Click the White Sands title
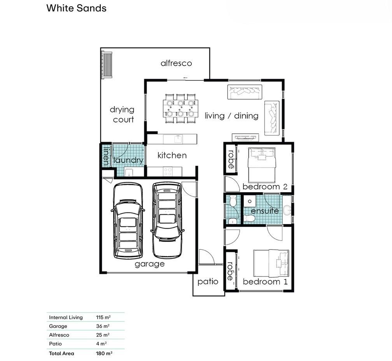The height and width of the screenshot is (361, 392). pos(76,8)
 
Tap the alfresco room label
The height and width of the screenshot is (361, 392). pos(176,63)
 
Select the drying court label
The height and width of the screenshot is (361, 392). pos(122,114)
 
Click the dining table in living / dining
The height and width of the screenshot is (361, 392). pos(180,109)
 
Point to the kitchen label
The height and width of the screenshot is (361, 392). pos(172,155)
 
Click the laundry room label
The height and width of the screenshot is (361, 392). pos(128,160)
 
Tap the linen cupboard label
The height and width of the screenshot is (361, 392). pos(106,156)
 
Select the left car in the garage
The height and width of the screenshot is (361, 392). pos(128,221)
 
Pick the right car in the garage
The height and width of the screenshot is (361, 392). pos(167,220)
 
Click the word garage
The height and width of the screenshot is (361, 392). pos(149,264)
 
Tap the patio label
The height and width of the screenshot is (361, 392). pos(208,282)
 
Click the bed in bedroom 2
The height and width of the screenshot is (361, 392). pos(261,165)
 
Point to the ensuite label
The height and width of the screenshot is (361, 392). pos(265,211)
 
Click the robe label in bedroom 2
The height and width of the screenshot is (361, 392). pos(231,159)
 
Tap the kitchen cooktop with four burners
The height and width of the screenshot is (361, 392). pos(168,172)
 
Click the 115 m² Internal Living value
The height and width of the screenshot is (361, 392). pos(103,317)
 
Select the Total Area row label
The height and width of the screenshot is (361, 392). pos(61,354)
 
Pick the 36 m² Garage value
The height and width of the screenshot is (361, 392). pos(103,326)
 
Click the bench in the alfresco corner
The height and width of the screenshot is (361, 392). pos(107,65)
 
